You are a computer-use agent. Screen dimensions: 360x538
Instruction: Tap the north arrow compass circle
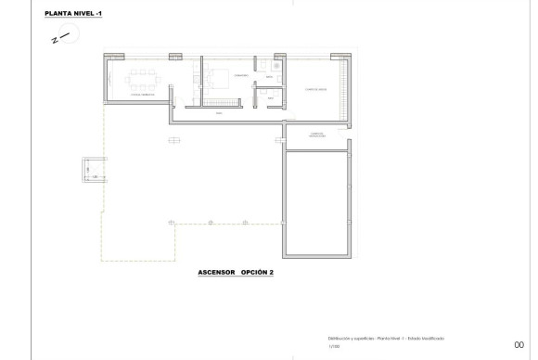70,34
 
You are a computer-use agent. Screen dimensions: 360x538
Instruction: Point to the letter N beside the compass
55,41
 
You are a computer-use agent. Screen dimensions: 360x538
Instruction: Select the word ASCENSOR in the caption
215,274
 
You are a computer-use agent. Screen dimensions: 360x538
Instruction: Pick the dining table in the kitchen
146,76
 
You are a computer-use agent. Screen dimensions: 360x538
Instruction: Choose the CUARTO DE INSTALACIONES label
315,135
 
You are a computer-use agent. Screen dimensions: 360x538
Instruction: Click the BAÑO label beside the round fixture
267,77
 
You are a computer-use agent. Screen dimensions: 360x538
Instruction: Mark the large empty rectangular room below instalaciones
315,204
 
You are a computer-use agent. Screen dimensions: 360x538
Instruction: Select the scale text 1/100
334,347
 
